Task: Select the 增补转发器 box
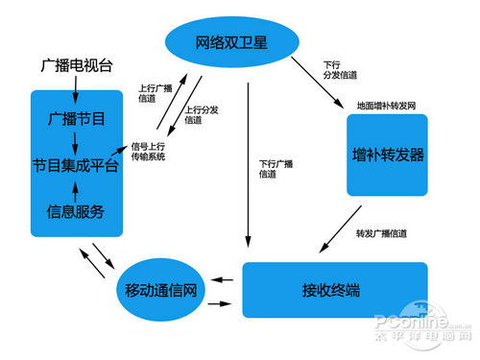388,155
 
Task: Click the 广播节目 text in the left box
76,118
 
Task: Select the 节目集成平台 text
76,164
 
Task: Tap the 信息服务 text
76,211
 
